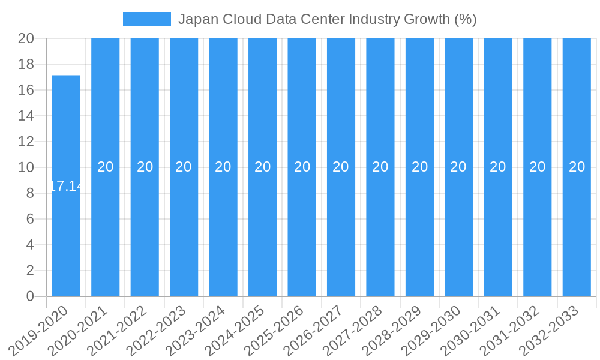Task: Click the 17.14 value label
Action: tap(66, 186)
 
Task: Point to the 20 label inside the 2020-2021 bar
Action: tap(106, 167)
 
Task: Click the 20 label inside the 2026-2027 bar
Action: tap(341, 167)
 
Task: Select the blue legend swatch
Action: tap(146, 19)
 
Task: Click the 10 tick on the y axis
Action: tap(26, 167)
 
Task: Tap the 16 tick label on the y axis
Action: tap(26, 90)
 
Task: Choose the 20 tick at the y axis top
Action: tap(26, 38)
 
